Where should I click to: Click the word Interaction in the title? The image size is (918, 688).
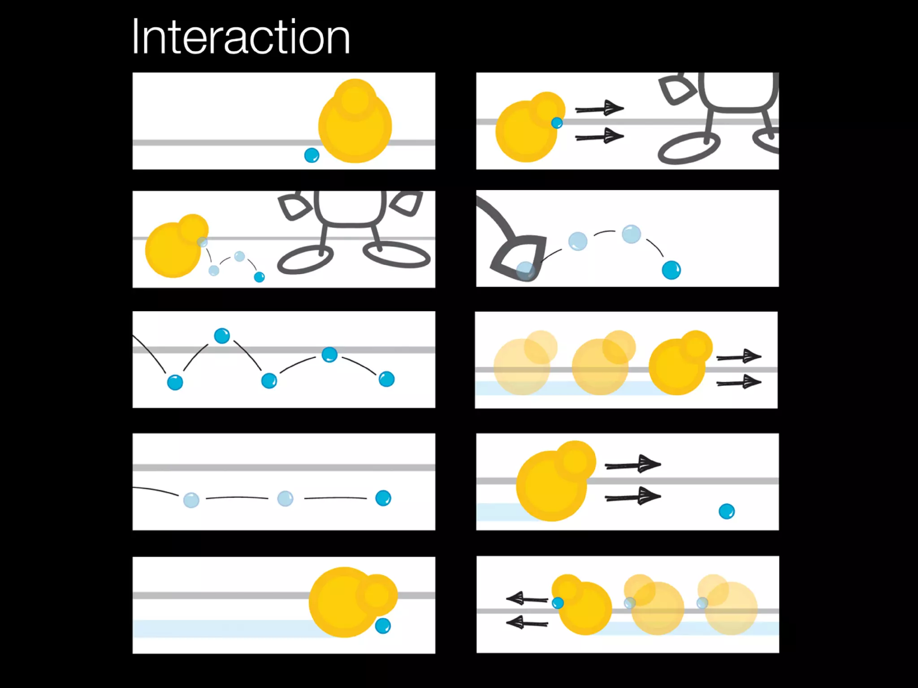241,37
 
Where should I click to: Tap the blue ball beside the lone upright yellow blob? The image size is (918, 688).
312,155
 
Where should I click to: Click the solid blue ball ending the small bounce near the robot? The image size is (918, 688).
259,277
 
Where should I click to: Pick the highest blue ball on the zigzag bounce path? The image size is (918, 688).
222,335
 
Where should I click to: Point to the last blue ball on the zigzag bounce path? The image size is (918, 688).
386,379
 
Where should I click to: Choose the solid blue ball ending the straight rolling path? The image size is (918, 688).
383,498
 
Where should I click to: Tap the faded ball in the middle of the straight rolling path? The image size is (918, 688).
285,498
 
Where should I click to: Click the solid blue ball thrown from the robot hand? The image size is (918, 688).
671,270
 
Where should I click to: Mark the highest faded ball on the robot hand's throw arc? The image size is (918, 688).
631,234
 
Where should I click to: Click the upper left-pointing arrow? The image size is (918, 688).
527,598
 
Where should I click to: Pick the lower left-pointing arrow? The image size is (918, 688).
527,622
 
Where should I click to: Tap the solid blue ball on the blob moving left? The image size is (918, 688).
558,603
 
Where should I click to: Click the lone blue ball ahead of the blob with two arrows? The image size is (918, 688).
726,511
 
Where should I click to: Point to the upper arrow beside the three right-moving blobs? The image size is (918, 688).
739,357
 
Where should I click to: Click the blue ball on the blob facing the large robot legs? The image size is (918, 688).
557,123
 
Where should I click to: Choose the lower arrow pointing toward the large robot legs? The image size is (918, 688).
599,136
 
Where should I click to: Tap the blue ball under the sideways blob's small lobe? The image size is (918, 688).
382,626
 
